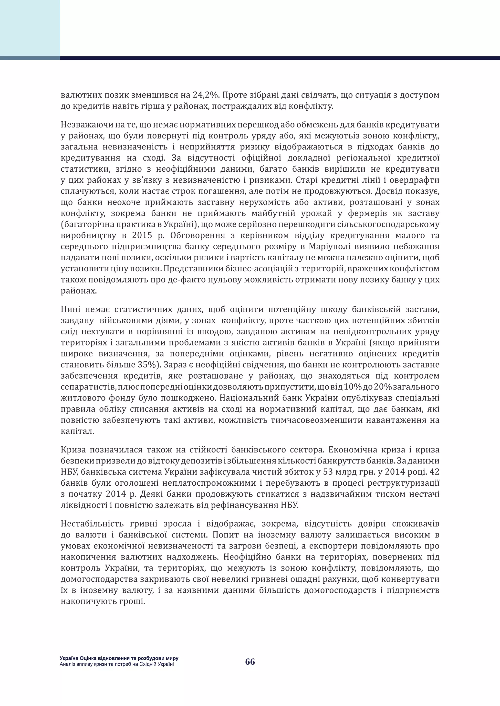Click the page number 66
250,661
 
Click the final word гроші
135,601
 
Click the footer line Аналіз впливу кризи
117,664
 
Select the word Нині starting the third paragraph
71,309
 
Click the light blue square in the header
30,28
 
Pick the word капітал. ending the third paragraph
78,431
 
